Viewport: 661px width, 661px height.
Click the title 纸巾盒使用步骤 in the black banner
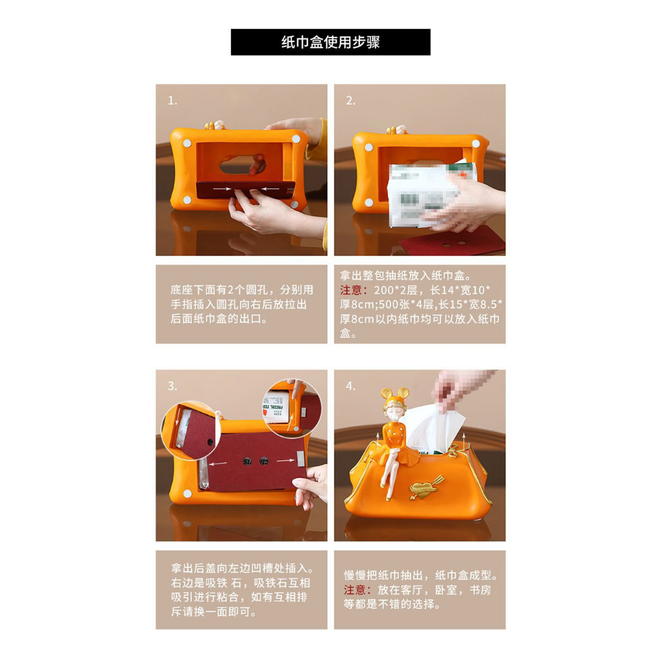pyautogui.click(x=330, y=43)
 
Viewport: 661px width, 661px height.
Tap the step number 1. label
pyautogui.click(x=172, y=101)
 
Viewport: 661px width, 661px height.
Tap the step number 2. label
pyautogui.click(x=351, y=101)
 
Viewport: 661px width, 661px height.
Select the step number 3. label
pyautogui.click(x=172, y=386)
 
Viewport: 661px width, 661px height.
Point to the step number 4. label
pyautogui.click(x=351, y=386)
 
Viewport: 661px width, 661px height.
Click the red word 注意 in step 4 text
pyautogui.click(x=354, y=590)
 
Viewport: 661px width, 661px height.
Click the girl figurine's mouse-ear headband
pyautogui.click(x=393, y=394)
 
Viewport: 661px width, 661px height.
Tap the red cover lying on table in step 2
pyautogui.click(x=452, y=243)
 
